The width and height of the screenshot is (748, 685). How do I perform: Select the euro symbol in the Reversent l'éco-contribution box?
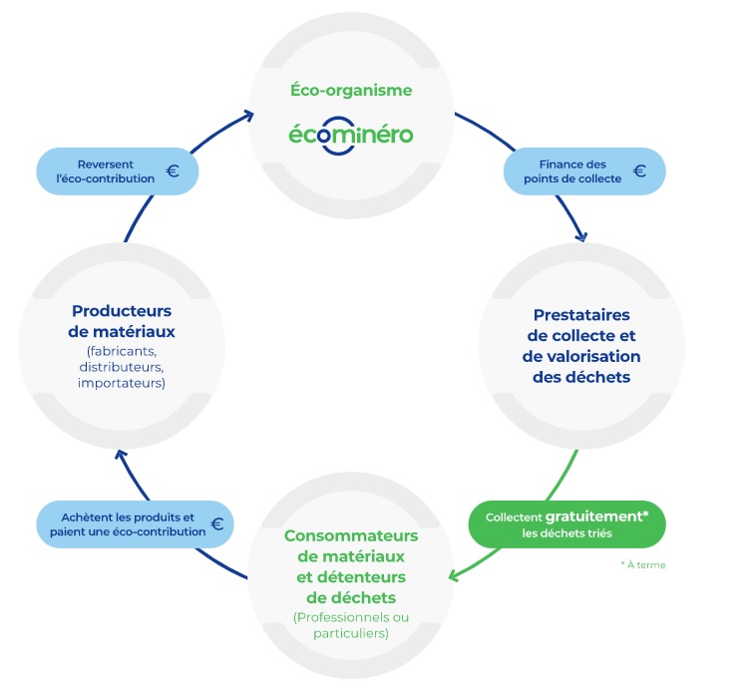point(173,171)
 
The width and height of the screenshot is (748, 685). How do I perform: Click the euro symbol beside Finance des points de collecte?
point(639,171)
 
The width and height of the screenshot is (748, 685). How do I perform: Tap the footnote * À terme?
point(642,565)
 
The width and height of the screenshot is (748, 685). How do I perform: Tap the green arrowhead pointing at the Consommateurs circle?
point(455,576)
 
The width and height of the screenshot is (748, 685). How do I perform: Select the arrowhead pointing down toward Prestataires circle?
point(579,235)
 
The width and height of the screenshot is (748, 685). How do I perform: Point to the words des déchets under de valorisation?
point(582,378)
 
